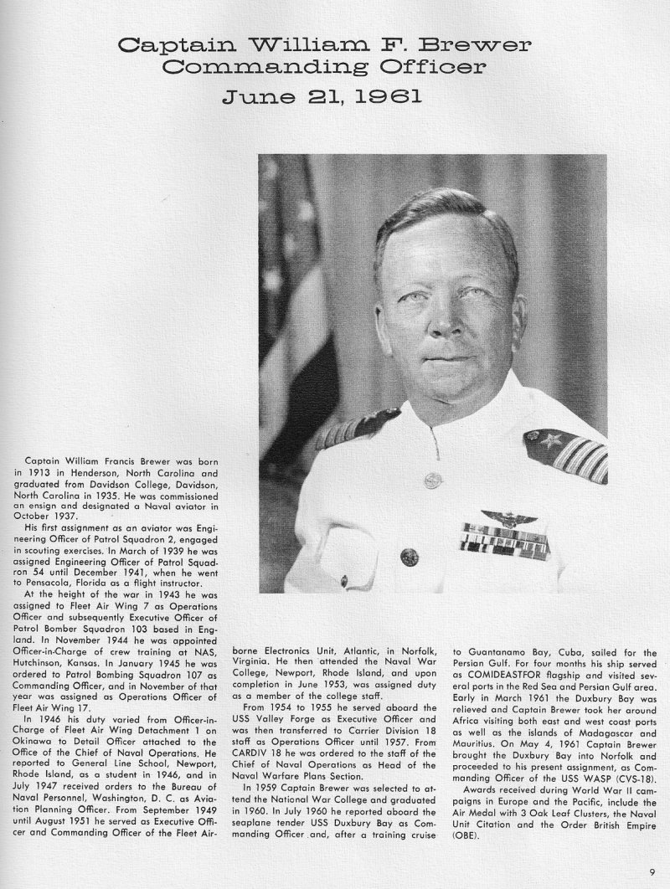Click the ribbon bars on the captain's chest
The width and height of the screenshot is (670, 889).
505,540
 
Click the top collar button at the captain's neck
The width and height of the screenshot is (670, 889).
432,480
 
